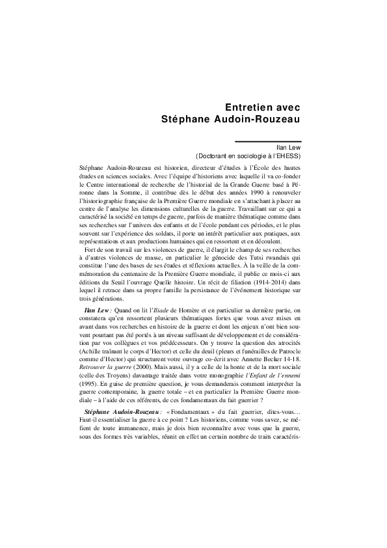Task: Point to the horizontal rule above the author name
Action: pos(268,141)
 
